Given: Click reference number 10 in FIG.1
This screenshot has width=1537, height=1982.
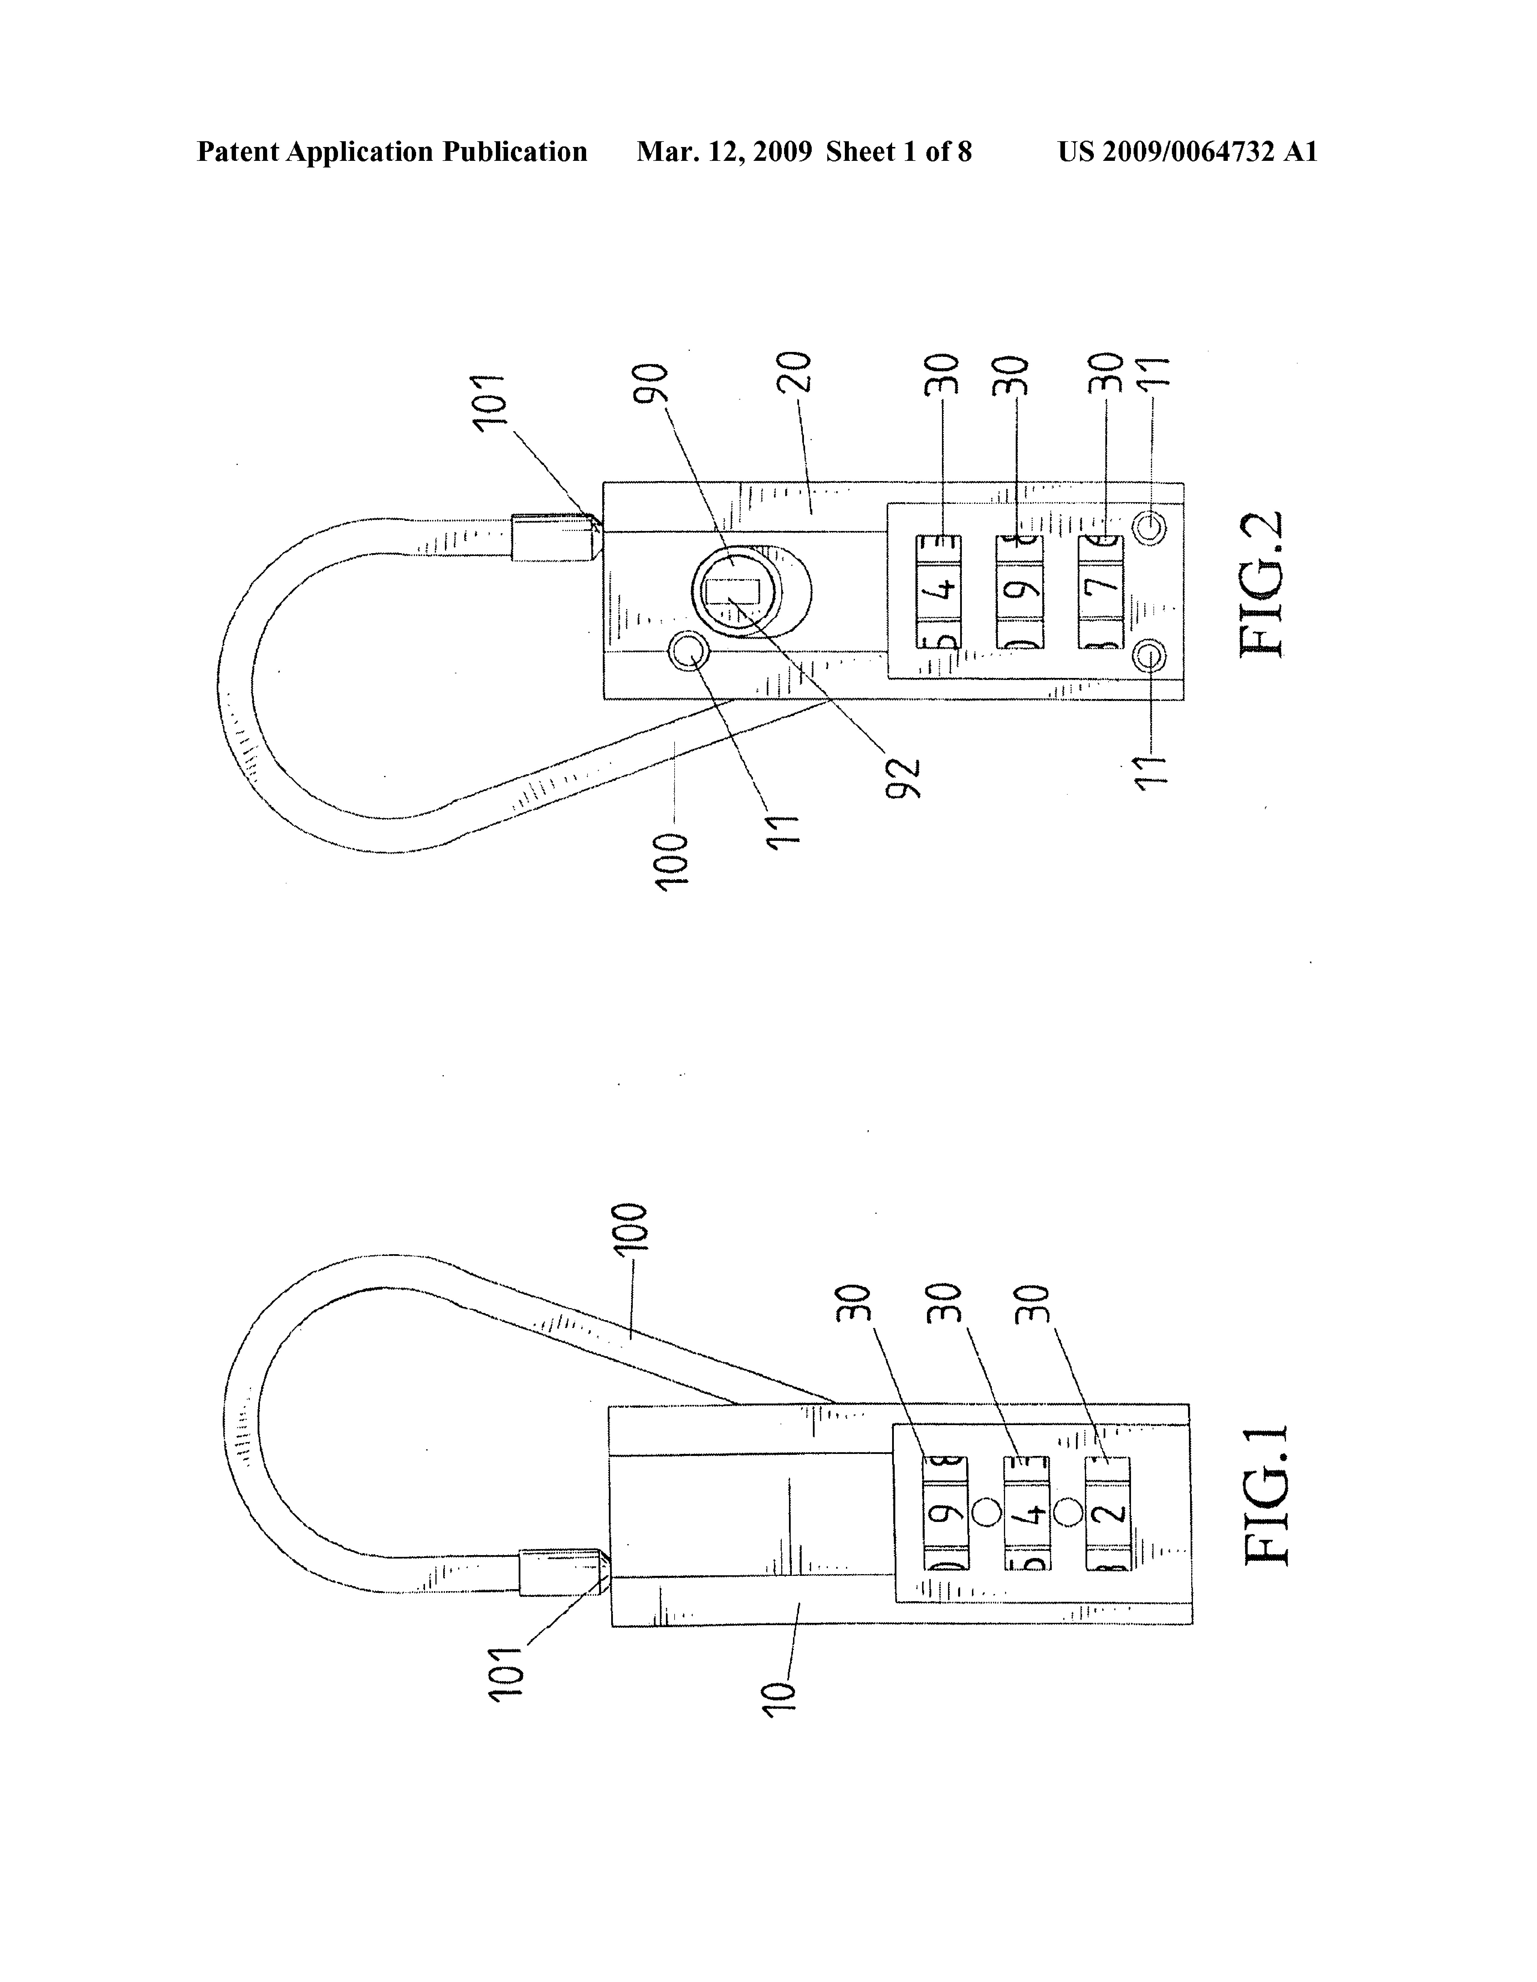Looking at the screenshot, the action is (781, 1702).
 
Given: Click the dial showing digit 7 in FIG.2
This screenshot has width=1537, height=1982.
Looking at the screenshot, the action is (1102, 591).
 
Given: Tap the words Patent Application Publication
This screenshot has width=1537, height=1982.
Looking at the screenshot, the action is (392, 152).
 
